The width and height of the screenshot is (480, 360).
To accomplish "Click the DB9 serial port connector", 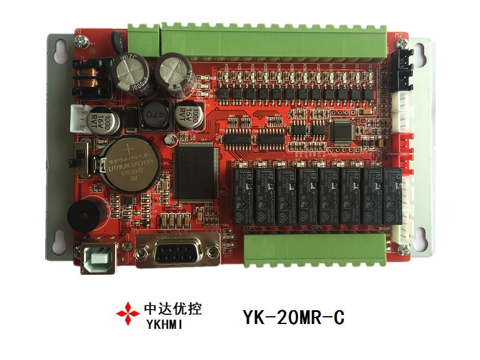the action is click(x=177, y=250).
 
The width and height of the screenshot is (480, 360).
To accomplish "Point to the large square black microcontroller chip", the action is click(x=197, y=171).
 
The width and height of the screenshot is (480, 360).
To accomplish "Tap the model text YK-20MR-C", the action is click(x=293, y=316).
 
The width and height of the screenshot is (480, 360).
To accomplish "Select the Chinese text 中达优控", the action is click(x=173, y=310).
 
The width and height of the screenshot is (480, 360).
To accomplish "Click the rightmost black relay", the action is click(x=392, y=195).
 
